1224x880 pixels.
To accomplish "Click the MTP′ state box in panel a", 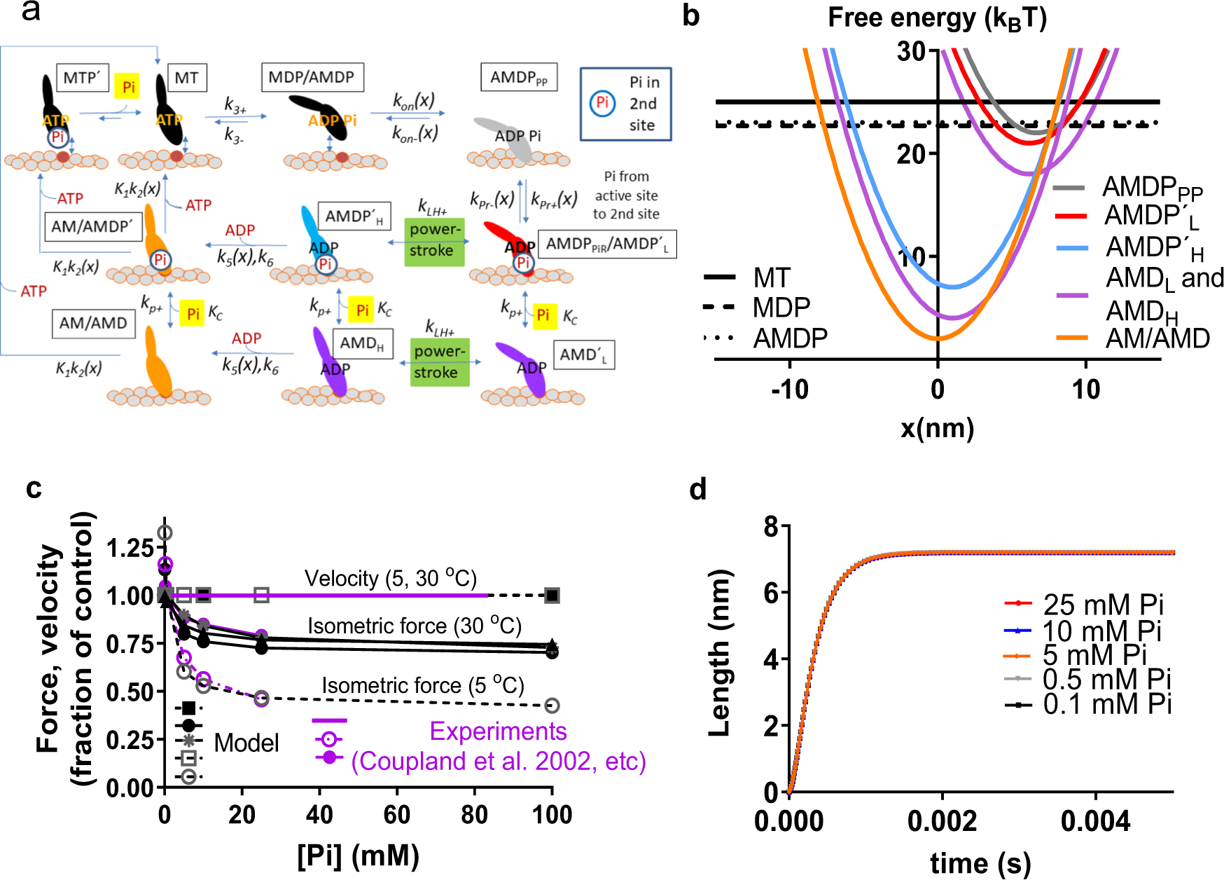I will [x=82, y=77].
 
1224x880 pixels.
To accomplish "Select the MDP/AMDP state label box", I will [x=312, y=77].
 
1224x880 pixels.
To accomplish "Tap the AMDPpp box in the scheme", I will [x=519, y=77].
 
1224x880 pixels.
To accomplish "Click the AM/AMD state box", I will [x=93, y=323].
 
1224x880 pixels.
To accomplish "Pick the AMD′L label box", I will [x=584, y=355].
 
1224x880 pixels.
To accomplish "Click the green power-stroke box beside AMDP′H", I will [x=435, y=240].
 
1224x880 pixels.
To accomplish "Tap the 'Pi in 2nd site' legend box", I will [x=625, y=104].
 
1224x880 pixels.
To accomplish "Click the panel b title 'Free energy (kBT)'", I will [x=937, y=18].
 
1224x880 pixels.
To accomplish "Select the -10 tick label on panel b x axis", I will [x=789, y=390].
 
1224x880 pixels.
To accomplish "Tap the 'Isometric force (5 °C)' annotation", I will [x=423, y=685].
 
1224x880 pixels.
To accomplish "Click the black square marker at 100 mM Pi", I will [x=552, y=596].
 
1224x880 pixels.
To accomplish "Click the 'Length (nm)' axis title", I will [x=719, y=652].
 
